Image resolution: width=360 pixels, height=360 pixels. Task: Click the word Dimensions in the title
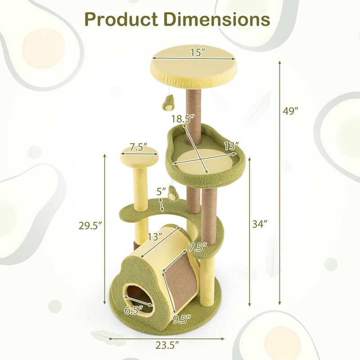[x=216, y=20]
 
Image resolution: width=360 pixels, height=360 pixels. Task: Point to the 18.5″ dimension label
[x=183, y=119]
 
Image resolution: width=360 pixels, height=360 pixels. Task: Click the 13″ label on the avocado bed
[x=231, y=146]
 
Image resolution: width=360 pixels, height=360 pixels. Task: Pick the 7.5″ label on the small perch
[x=139, y=148]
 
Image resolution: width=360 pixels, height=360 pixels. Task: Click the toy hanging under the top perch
[x=168, y=104]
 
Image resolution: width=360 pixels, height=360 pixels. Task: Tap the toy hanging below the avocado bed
[x=173, y=194]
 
